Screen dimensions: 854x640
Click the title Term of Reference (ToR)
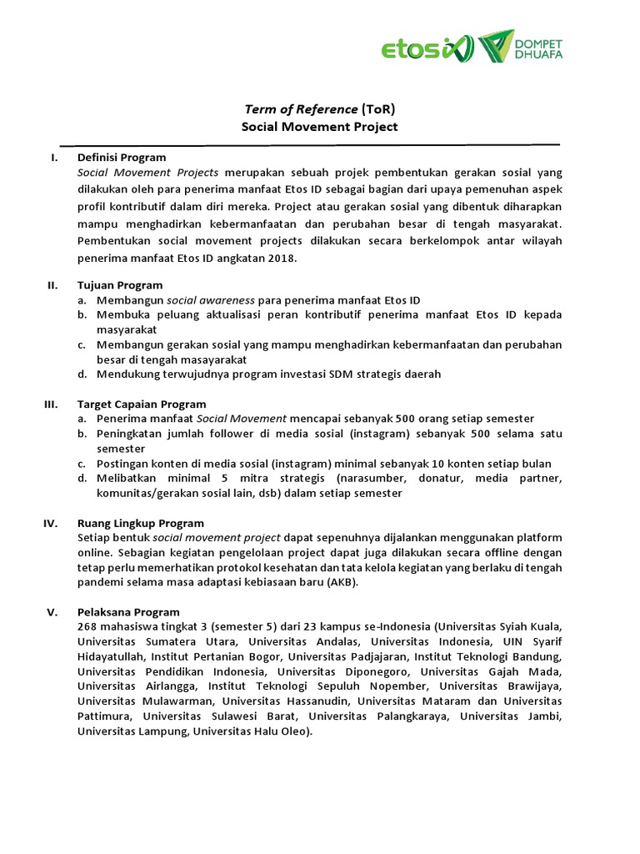click(x=319, y=108)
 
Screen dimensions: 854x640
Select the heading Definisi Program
click(x=121, y=157)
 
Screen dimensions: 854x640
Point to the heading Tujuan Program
click(x=119, y=285)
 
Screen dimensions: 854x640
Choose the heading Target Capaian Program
click(x=141, y=404)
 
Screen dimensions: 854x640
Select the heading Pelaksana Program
click(x=127, y=612)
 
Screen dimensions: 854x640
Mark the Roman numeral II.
click(x=52, y=285)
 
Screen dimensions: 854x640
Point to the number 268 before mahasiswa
click(x=87, y=626)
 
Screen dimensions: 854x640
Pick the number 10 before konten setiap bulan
click(x=442, y=464)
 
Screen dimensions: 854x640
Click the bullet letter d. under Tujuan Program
click(x=82, y=374)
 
